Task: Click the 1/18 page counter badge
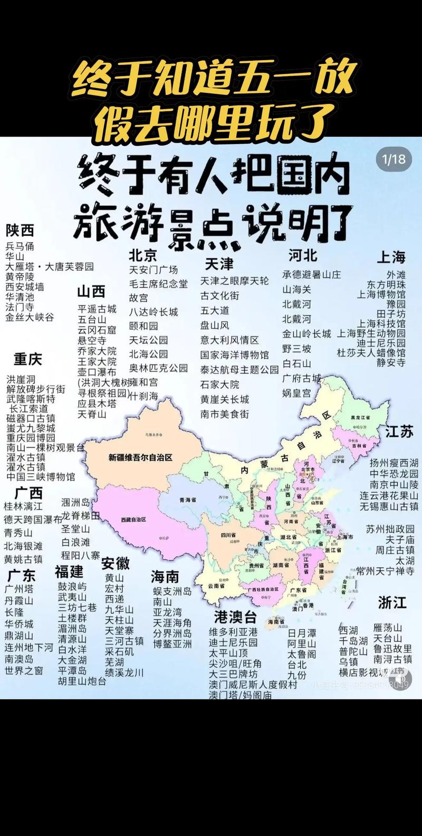394,158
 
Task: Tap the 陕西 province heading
20,230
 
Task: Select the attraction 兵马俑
20,246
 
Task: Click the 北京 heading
143,256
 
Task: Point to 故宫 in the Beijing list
139,298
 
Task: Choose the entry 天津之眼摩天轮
234,281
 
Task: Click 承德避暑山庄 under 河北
311,274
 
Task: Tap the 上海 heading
391,257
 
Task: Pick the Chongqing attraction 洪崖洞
21,379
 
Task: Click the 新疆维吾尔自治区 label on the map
140,457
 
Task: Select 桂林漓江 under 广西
23,506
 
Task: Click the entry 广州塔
19,589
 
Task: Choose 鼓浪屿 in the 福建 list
72,587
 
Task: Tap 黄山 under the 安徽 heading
114,578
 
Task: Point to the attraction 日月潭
302,633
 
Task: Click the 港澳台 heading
235,617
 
